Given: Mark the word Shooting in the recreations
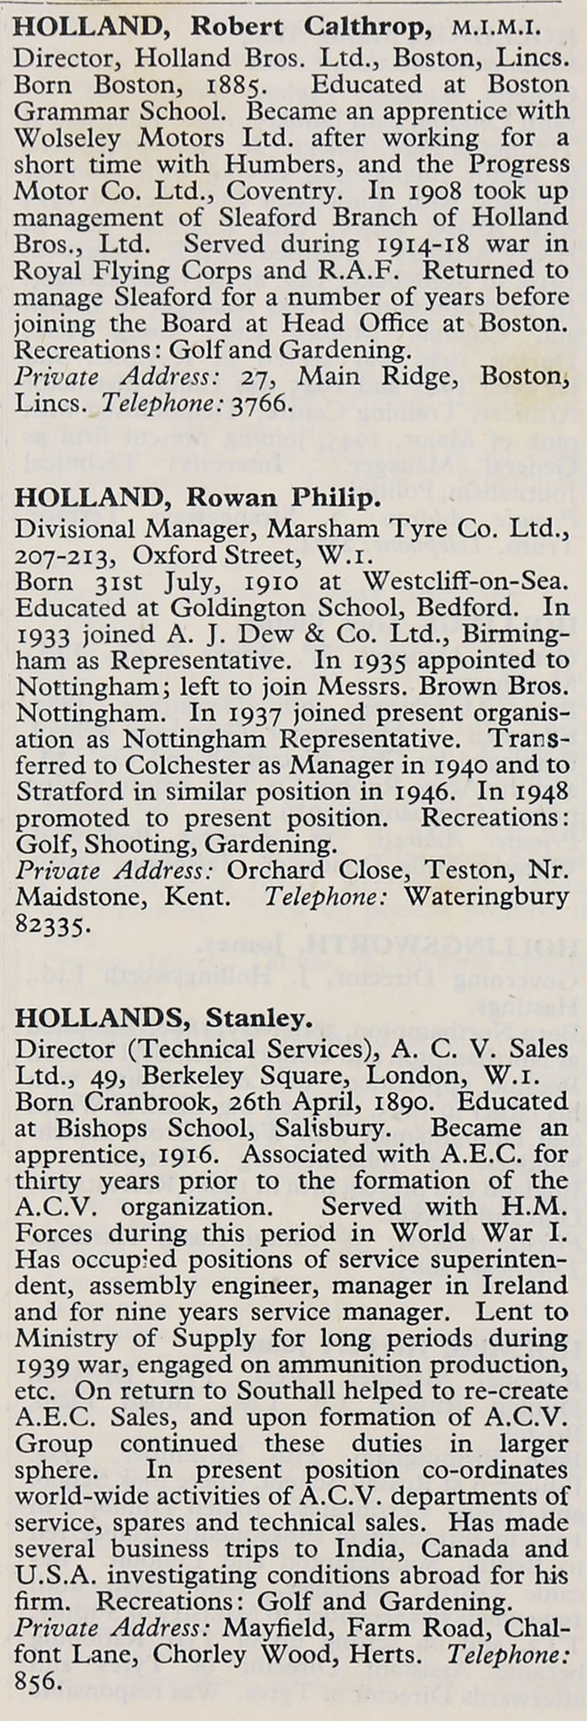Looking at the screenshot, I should click(137, 844).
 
